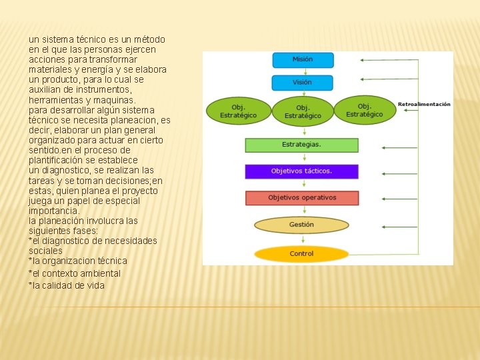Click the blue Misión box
point(303,59)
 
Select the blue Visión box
point(303,83)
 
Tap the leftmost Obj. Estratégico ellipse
point(238,111)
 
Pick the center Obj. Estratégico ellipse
point(303,111)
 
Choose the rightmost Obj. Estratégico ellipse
point(365,110)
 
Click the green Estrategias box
point(301,145)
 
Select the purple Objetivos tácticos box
point(301,171)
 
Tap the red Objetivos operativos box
point(301,198)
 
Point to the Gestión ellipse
point(301,225)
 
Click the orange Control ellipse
point(301,254)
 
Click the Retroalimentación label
point(424,104)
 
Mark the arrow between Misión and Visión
point(303,71)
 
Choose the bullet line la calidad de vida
point(67,285)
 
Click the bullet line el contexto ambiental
point(75,273)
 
